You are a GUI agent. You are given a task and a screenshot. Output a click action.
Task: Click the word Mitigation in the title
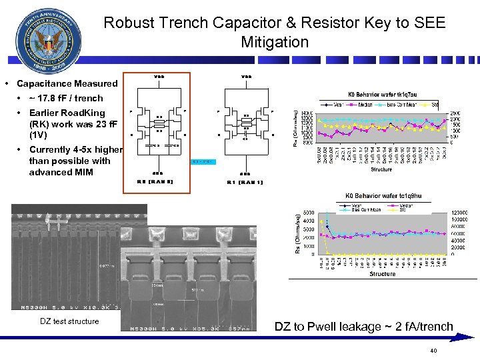[x=275, y=43]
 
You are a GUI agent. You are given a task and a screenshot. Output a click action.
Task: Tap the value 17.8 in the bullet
[x=51, y=98]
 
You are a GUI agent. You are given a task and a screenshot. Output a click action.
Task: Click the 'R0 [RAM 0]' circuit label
[x=155, y=181]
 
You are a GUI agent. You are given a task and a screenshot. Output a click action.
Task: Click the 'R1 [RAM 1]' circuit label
[x=245, y=181]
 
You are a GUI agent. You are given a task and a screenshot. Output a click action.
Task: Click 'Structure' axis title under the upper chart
[x=381, y=170]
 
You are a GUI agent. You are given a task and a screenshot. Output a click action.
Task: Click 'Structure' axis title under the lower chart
[x=382, y=274]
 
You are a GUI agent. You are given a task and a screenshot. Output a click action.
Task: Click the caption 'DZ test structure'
[x=69, y=322]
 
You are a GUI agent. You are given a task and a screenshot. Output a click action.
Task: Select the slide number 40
[x=433, y=351]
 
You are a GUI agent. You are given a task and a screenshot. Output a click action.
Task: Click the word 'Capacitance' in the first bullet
[x=44, y=84]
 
